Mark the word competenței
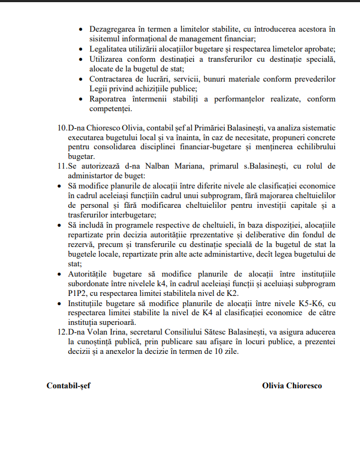(111, 109)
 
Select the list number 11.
(62, 166)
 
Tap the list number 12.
(62, 333)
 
